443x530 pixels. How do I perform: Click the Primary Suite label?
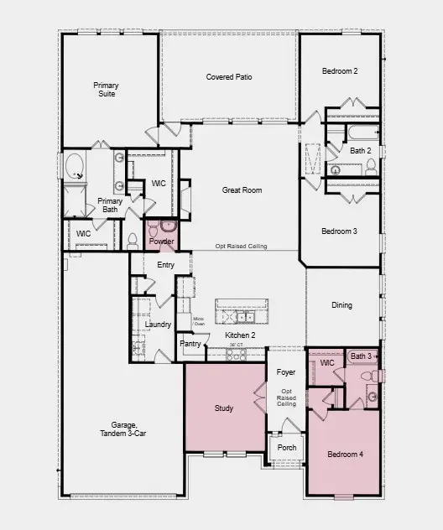point(105,89)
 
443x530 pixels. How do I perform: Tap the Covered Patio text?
point(229,77)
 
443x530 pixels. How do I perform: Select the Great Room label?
point(242,190)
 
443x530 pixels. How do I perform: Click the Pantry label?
point(190,344)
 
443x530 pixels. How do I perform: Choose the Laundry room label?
point(158,325)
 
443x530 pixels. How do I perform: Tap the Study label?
point(223,408)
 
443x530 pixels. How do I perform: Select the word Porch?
point(286,447)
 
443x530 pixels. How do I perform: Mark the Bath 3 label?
point(361,356)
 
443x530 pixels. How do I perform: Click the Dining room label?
point(341,305)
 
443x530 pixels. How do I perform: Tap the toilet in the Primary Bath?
point(132,241)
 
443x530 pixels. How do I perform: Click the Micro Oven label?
point(199,321)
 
